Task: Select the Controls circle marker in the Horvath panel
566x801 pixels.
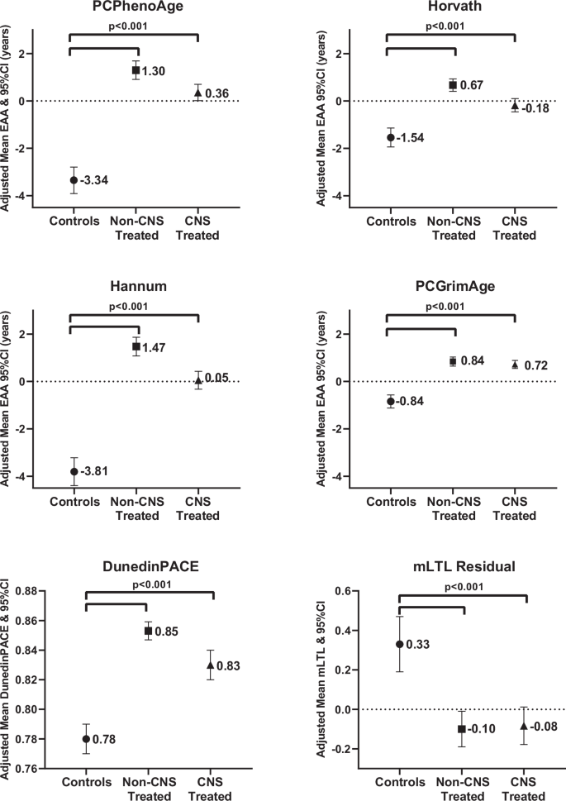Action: coord(391,137)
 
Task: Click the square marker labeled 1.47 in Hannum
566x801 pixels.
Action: coord(136,346)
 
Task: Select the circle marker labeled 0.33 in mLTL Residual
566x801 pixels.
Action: coord(399,645)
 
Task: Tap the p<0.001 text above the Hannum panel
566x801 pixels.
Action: coord(135,306)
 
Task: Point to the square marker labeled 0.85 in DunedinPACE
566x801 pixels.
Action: coord(149,631)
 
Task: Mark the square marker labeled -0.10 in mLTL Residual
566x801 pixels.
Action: coord(462,729)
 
